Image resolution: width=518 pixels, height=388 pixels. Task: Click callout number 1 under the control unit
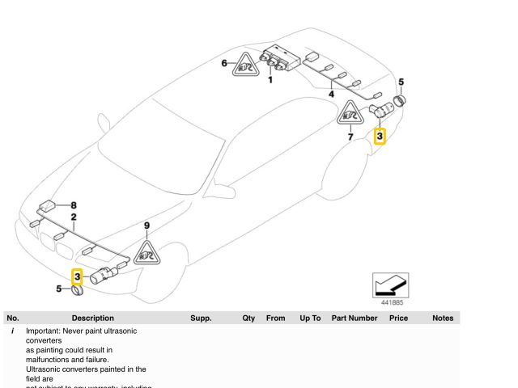270,79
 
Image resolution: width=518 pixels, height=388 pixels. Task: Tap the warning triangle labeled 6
244,65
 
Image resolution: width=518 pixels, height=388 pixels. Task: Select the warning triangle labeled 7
350,115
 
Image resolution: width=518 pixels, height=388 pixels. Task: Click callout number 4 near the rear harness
330,95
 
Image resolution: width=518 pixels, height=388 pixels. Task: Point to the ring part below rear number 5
400,103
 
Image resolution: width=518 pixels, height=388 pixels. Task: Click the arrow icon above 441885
390,285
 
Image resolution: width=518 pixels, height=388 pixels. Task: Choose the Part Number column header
355,318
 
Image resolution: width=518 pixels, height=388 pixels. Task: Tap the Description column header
92,318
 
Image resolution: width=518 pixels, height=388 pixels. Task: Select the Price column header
398,318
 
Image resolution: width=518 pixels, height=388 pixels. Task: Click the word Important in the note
45,331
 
